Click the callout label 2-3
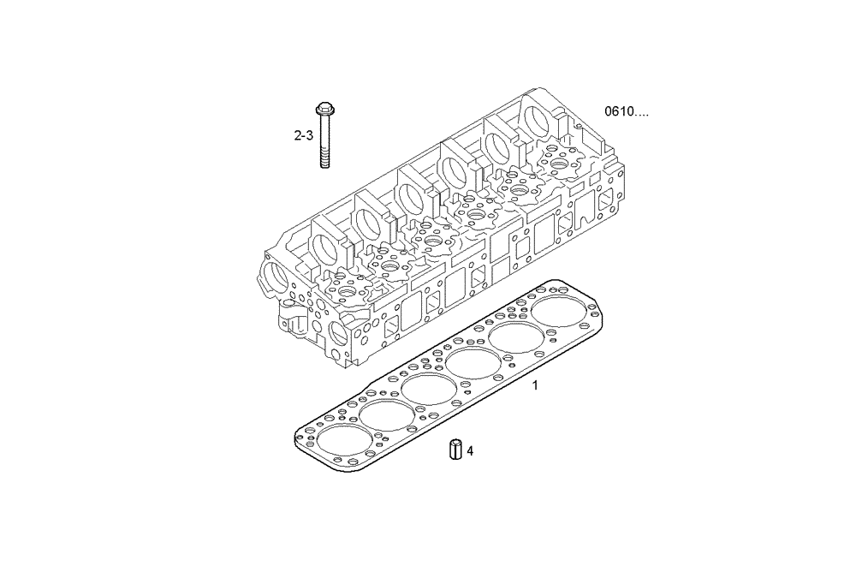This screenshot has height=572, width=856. pos(304,135)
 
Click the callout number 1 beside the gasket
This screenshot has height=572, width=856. pos(536,385)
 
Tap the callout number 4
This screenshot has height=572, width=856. pos(470,450)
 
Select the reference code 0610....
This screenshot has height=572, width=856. pos(627,112)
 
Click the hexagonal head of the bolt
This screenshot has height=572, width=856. pos(324,110)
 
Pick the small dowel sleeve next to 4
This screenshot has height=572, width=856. pos(456,449)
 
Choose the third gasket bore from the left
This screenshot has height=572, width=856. pos(429,388)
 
